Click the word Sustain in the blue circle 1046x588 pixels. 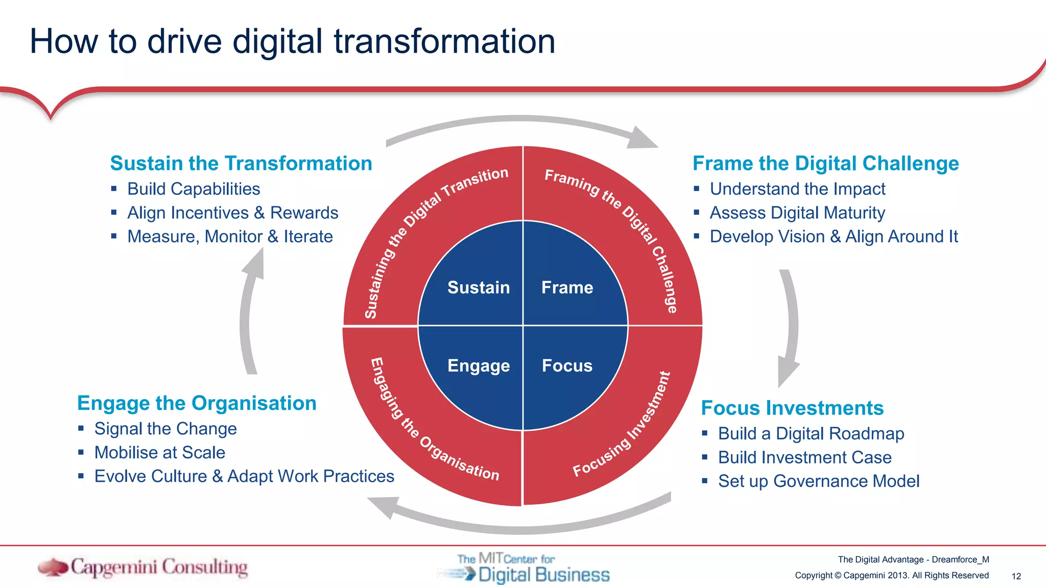(478, 287)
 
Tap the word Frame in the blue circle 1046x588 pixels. (567, 287)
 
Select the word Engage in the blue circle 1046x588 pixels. (478, 365)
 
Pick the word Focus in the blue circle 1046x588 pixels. (567, 365)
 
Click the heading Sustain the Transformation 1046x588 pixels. (241, 163)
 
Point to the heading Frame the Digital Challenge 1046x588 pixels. (825, 163)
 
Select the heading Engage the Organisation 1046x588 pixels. (197, 403)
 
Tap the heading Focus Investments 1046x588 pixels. (792, 408)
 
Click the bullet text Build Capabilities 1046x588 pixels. (194, 189)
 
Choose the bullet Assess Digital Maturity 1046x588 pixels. (797, 213)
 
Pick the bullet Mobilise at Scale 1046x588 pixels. (160, 453)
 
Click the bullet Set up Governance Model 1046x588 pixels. (819, 481)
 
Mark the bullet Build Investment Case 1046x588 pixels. (805, 457)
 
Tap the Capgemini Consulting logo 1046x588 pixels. (143, 568)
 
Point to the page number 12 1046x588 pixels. (1016, 576)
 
